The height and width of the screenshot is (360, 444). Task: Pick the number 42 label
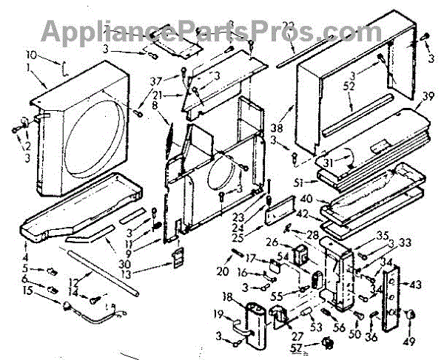click(302, 212)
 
